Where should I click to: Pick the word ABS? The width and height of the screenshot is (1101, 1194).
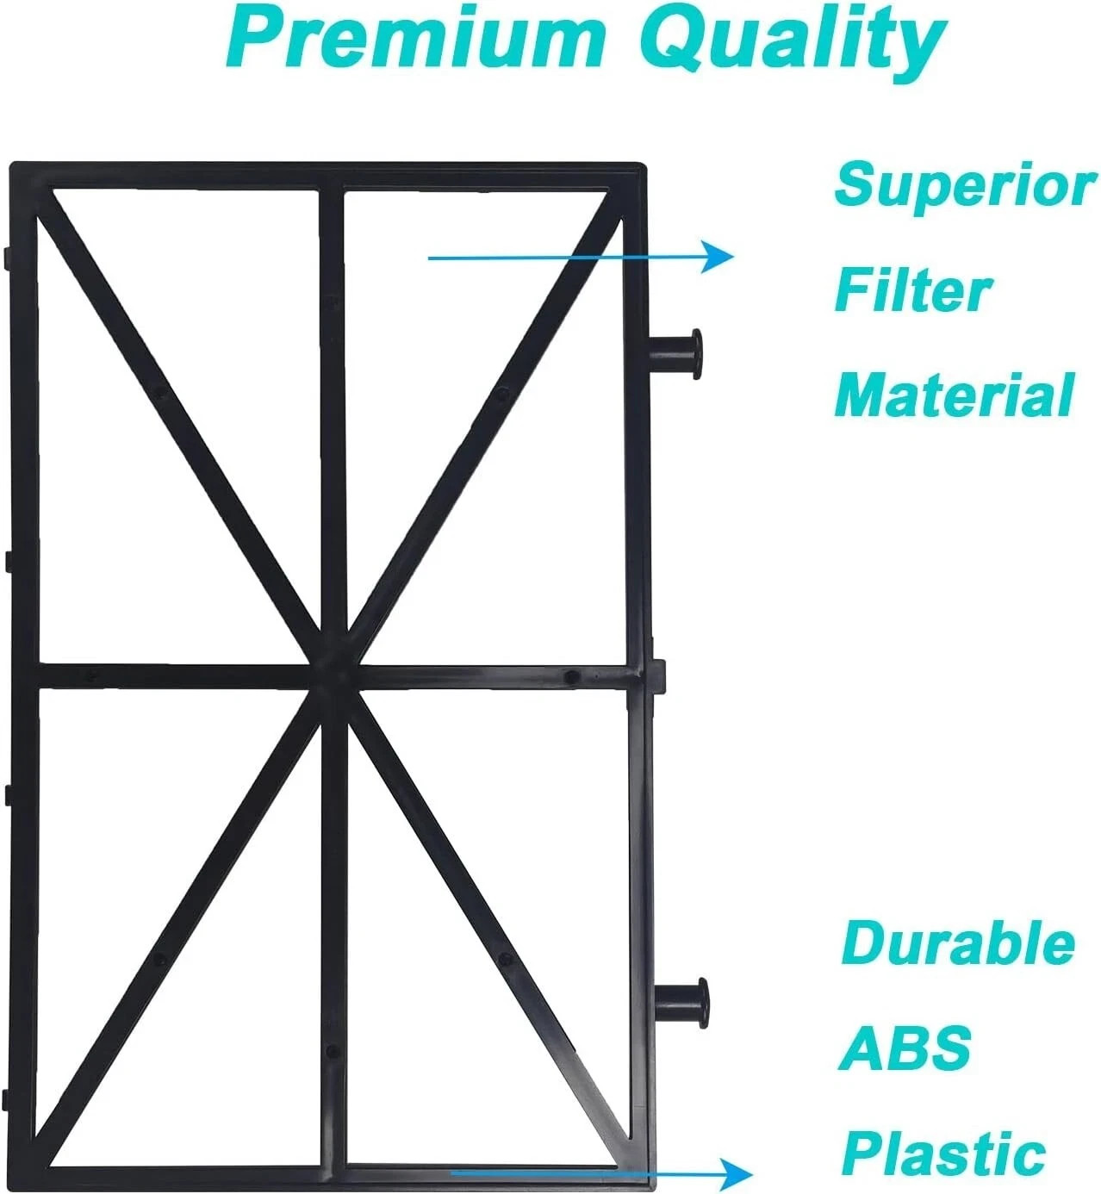click(x=905, y=1047)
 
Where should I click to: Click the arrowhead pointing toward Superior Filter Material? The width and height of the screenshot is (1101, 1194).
click(x=718, y=257)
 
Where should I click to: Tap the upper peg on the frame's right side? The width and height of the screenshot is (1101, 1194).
click(x=675, y=354)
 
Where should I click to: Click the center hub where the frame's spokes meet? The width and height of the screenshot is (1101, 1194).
click(x=333, y=676)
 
